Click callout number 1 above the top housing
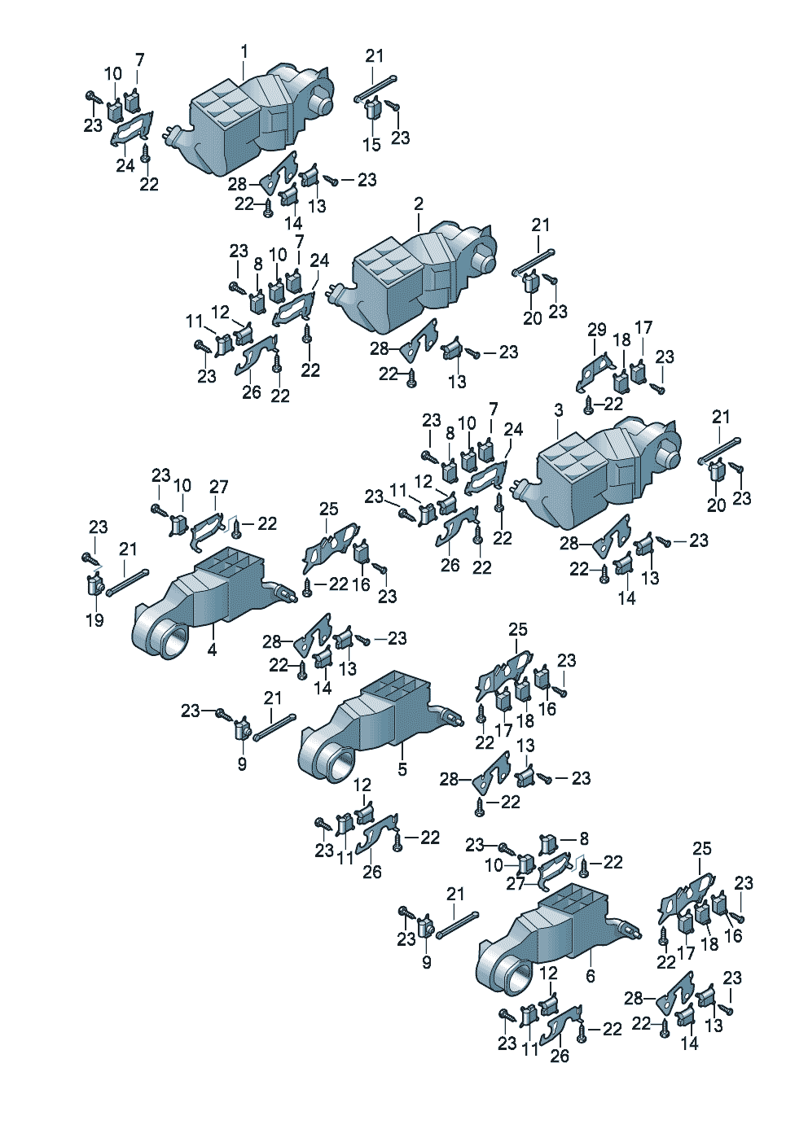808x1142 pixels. click(244, 51)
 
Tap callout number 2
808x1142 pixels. click(419, 204)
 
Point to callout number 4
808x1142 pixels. click(213, 650)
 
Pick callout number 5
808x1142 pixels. click(402, 769)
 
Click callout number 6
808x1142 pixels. click(591, 976)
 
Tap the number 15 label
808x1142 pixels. click(372, 145)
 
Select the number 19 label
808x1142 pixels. click(95, 620)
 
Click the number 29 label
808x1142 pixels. click(596, 330)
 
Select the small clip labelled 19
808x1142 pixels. click(94, 584)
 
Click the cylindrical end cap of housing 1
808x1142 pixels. click(323, 102)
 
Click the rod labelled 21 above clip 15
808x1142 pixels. click(375, 89)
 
